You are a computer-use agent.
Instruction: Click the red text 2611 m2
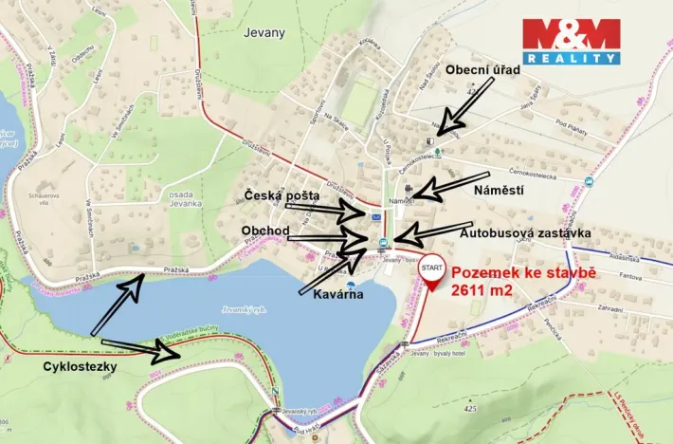(x=482, y=291)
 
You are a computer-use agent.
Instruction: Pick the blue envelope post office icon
(x=378, y=218)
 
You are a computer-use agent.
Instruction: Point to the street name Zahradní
(x=610, y=308)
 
